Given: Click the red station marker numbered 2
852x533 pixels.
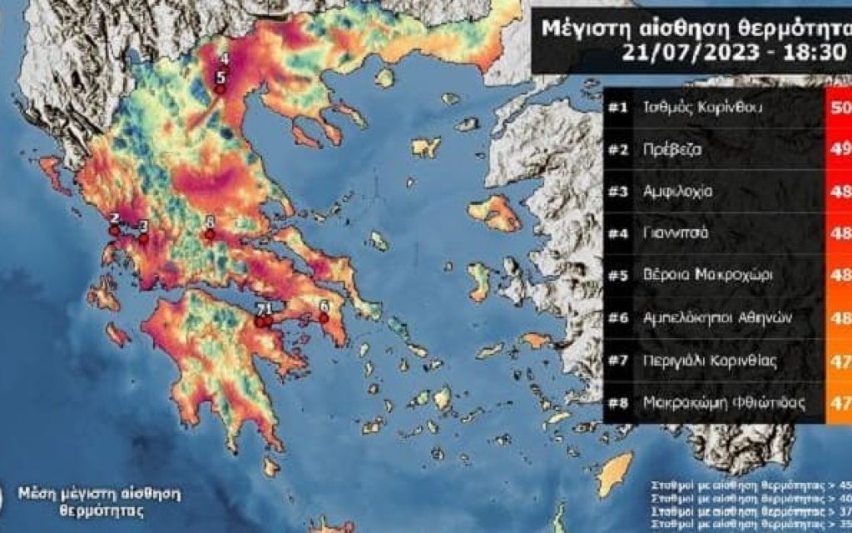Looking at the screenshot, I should tap(115, 231).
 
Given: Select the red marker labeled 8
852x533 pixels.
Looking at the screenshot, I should tap(210, 235).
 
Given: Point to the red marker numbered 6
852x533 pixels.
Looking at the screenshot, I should tap(324, 317).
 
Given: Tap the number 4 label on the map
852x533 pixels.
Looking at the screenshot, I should tap(223, 59).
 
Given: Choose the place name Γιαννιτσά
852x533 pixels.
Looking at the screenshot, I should tap(676, 233).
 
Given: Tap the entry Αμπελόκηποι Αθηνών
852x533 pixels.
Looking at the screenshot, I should tap(715, 317).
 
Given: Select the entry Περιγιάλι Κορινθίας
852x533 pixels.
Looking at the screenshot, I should tap(710, 360).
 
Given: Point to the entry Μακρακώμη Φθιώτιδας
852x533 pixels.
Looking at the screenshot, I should tap(724, 402).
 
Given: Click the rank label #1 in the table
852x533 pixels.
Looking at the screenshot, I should tap(617, 108).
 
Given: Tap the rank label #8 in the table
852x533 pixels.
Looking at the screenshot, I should tap(617, 402).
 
